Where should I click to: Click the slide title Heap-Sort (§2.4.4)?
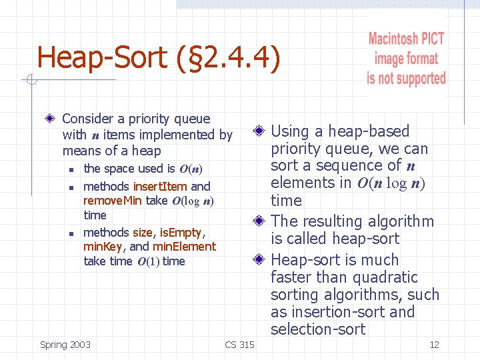click(x=159, y=57)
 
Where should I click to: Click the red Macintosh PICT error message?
click(x=406, y=59)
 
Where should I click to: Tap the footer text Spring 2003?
click(x=65, y=345)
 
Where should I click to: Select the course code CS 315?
click(x=239, y=345)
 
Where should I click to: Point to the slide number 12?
click(x=434, y=345)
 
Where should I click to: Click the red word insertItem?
click(x=161, y=187)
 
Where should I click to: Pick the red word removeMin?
click(x=112, y=201)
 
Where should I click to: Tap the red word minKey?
click(x=101, y=247)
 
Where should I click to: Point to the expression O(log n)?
click(x=192, y=201)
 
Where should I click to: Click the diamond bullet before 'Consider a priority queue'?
click(x=51, y=119)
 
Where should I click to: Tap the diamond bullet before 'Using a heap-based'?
click(x=260, y=131)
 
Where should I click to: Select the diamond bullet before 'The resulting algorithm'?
click(x=260, y=221)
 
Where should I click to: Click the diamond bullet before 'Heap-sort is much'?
click(x=260, y=260)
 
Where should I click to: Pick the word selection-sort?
click(x=318, y=329)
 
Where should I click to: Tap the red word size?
click(x=142, y=233)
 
